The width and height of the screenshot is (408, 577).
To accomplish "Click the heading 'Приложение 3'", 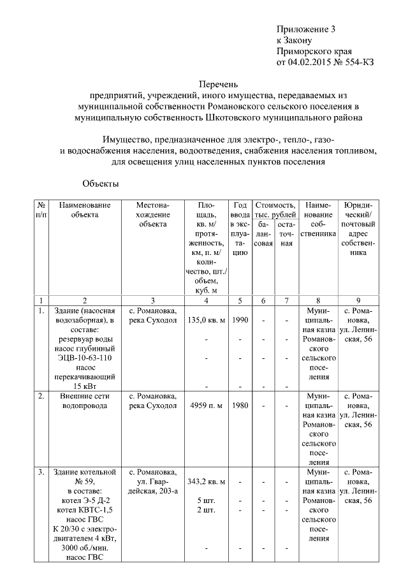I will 305,29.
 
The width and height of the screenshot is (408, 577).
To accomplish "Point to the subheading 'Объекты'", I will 101,184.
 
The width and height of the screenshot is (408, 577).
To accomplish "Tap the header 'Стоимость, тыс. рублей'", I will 275,210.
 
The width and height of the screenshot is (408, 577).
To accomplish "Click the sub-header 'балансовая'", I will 263,234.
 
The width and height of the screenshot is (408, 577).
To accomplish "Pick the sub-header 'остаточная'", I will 287,234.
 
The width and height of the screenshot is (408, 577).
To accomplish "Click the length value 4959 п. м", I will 206,405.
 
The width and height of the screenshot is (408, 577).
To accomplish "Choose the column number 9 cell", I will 358,300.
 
